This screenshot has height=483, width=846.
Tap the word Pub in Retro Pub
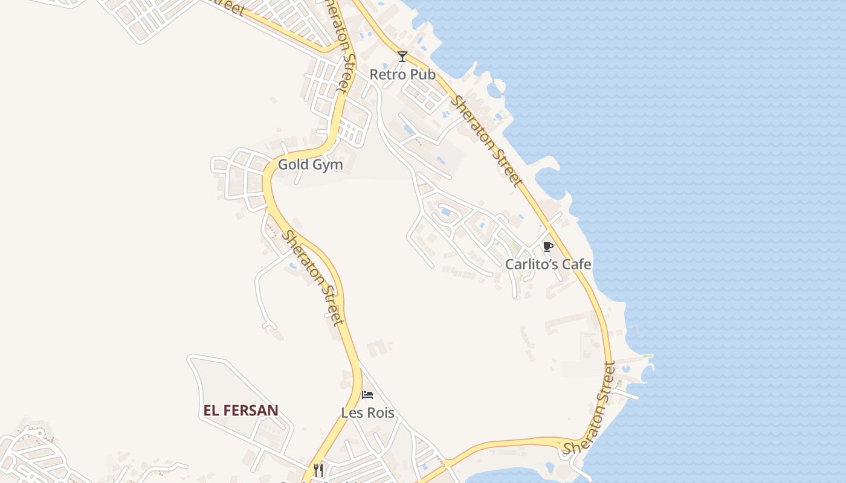[x=423, y=75]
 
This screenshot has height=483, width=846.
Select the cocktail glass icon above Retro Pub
[x=402, y=57]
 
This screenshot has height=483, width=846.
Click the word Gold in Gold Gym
[x=291, y=165]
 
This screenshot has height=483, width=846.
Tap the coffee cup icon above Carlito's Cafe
[x=547, y=246]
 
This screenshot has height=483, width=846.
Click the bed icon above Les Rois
[x=367, y=395]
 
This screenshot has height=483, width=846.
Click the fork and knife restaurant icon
[x=318, y=470]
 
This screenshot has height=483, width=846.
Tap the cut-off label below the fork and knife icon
[x=320, y=481]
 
